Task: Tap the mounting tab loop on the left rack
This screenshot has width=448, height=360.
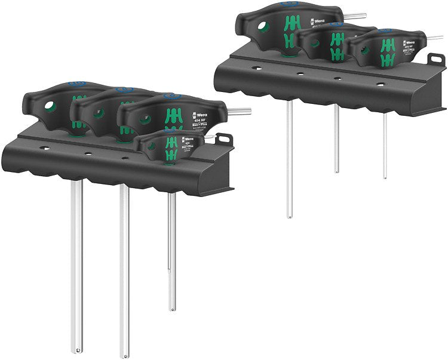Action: click(x=225, y=139)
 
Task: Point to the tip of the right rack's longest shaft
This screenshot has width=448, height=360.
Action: click(x=289, y=215)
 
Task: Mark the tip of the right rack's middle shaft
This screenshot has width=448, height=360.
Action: click(x=337, y=171)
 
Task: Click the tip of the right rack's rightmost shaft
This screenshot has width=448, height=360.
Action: click(x=385, y=177)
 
